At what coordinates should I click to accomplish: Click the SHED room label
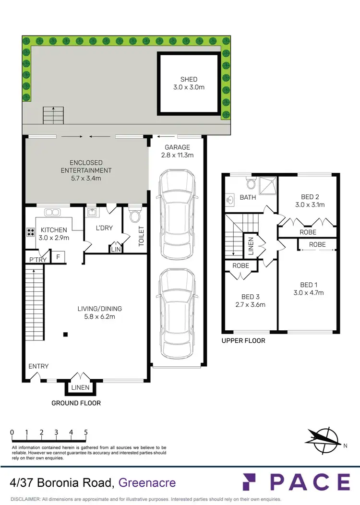point(189,79)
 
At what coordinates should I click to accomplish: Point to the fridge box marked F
point(58,257)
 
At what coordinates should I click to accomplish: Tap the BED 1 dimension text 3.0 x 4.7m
point(309,292)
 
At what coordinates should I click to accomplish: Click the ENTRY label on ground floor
point(38,366)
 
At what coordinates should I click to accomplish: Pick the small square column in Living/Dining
point(66,335)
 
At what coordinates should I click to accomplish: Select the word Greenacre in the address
point(147,483)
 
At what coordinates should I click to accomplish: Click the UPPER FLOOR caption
point(243,341)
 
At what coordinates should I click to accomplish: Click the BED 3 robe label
point(240,265)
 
